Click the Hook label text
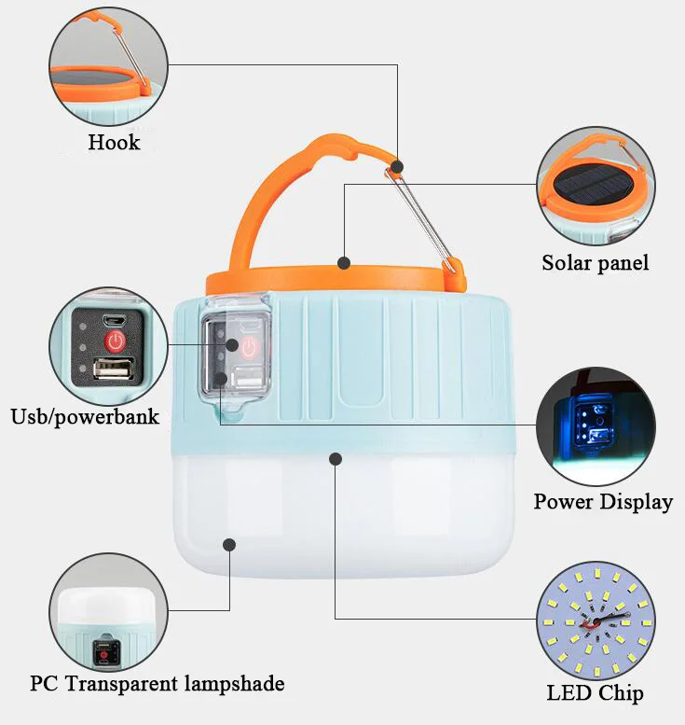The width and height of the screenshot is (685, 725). point(114,143)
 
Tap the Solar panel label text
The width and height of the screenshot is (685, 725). point(595,263)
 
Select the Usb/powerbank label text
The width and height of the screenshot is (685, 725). point(85,416)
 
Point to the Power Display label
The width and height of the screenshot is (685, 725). point(602,502)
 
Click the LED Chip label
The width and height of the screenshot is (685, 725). point(595,693)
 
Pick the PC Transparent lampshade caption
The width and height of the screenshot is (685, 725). point(157,684)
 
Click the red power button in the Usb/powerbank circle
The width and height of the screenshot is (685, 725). point(115,341)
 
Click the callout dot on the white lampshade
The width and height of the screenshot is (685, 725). point(229,543)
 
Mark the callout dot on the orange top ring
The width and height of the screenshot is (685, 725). point(343,263)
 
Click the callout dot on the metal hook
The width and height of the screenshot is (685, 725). point(398,167)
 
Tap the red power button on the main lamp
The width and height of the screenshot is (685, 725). point(249,348)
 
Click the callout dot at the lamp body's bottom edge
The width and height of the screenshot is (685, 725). point(336,458)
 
